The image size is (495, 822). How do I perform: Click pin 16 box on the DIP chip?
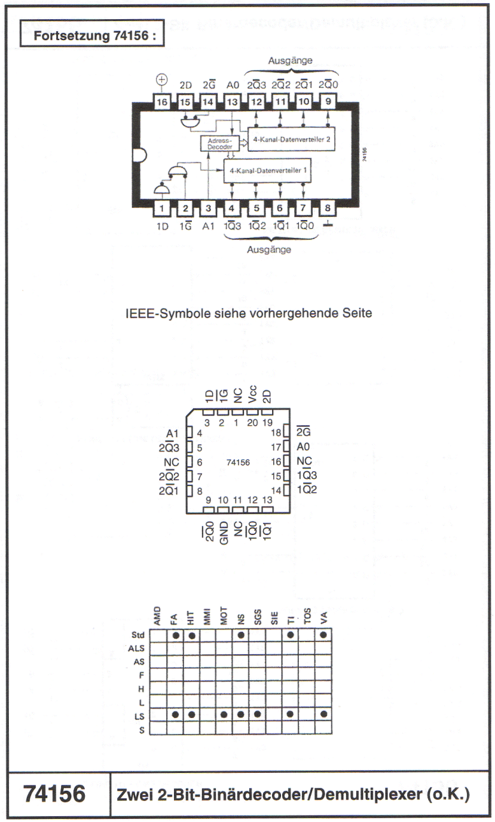tap(162, 101)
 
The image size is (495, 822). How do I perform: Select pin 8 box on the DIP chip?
tap(328, 208)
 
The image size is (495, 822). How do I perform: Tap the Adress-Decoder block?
tap(220, 143)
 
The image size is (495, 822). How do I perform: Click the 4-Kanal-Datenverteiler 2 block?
tap(292, 139)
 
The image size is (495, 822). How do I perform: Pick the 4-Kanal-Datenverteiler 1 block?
tap(268, 170)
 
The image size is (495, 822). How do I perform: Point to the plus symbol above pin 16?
tap(162, 79)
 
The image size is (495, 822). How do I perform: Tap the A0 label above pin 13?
tap(233, 85)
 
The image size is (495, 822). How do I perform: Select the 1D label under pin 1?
tap(162, 226)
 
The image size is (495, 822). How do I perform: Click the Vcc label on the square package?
tap(252, 393)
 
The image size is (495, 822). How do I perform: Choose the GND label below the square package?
tap(224, 533)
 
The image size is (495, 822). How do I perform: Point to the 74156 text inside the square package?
tap(238, 462)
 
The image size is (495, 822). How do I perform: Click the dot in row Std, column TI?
tap(291, 635)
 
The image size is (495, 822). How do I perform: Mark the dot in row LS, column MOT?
tap(224, 714)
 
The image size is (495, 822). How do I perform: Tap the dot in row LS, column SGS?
tap(257, 714)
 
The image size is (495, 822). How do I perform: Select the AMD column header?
tap(157, 616)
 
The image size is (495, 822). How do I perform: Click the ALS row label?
tap(136, 649)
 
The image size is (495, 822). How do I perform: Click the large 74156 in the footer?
tap(54, 793)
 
